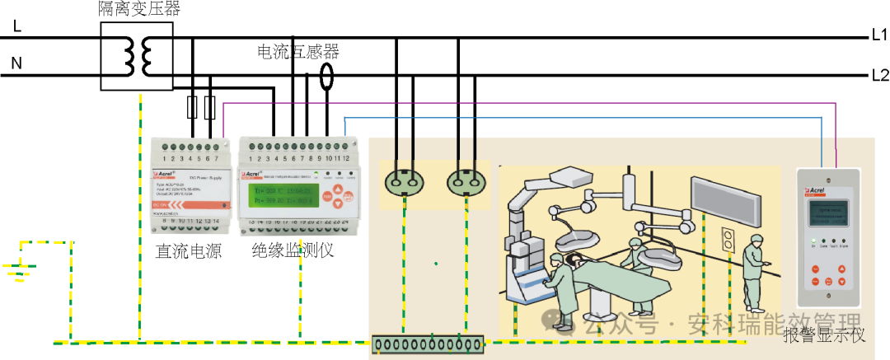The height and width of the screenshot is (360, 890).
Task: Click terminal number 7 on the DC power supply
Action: point(216,157)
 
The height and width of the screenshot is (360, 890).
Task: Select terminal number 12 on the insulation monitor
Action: point(346,157)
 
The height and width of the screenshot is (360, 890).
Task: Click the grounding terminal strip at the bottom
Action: point(427,344)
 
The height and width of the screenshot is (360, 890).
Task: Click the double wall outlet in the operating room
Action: point(728,240)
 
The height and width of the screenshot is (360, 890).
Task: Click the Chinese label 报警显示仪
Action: point(824,334)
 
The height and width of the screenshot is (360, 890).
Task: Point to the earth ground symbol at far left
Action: point(18,272)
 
